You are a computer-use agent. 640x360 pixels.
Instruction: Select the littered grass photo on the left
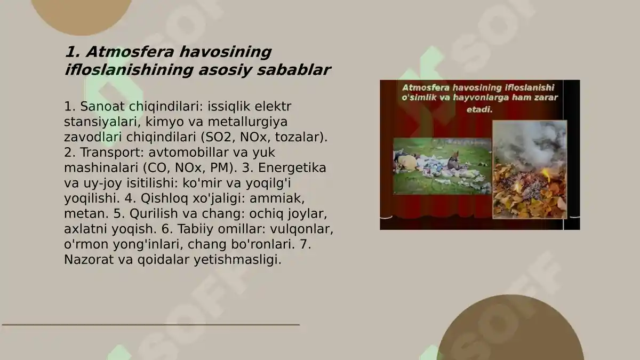click(442, 166)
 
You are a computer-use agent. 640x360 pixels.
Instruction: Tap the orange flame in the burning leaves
click(545, 174)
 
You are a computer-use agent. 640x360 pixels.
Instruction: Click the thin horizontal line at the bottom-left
click(150, 324)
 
